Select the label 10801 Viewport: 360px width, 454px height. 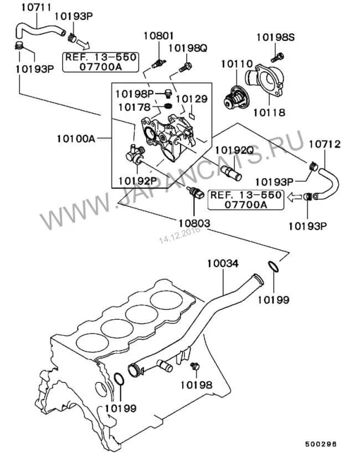tap(158, 36)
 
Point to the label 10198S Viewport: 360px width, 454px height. tap(275, 38)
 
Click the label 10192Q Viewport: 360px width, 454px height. tap(234, 149)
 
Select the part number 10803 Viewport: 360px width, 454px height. tap(194, 223)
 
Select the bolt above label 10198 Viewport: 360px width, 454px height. tap(194, 367)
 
